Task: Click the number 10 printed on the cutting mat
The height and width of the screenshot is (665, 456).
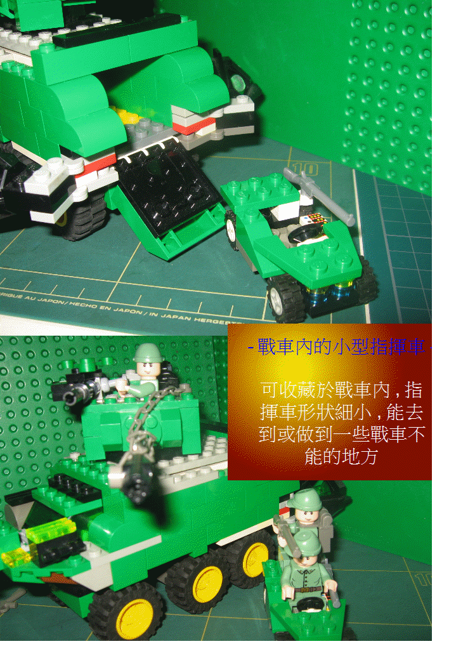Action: coord(309,169)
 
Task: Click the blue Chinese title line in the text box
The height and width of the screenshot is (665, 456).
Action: coord(336,348)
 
